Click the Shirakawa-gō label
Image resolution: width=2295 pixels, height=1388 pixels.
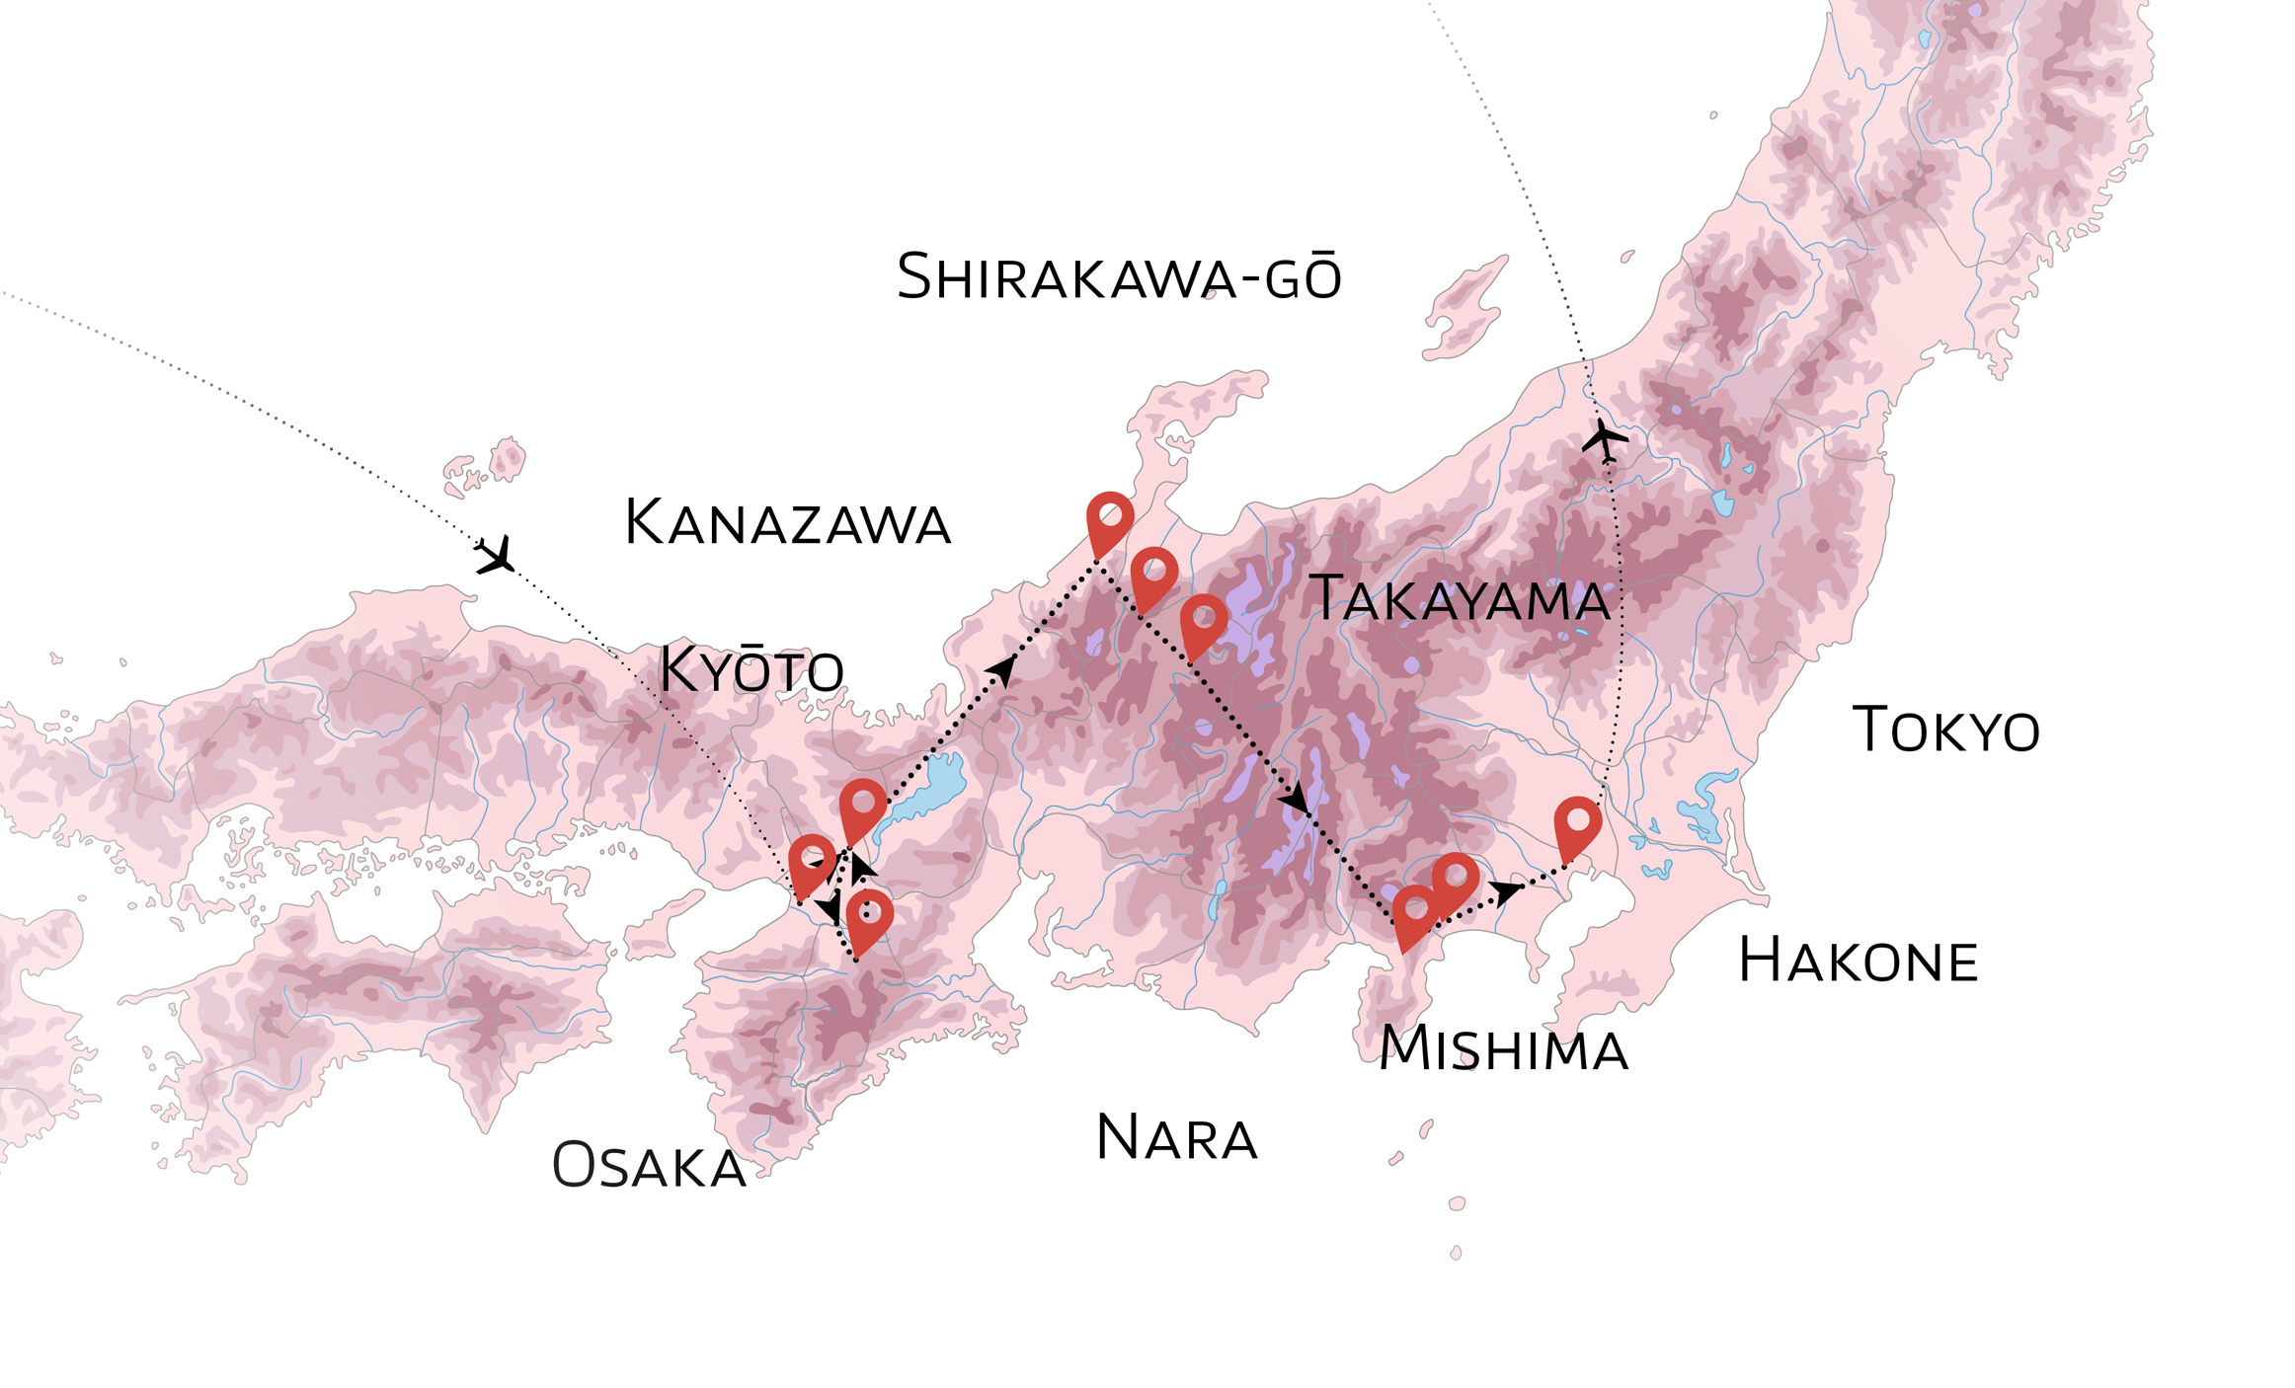click(x=1119, y=277)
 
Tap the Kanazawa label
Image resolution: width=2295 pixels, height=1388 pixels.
click(x=787, y=522)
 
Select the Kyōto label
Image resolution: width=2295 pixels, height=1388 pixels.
click(x=752, y=669)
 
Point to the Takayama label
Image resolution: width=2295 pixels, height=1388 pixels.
click(x=1460, y=599)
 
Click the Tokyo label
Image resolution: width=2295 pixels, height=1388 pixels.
click(x=1944, y=731)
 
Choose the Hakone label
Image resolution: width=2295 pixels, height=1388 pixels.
click(x=1858, y=961)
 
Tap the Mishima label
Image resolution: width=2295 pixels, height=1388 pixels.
click(x=1503, y=1048)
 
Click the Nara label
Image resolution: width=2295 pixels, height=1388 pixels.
click(x=1176, y=1138)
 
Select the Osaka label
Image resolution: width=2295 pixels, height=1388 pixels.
click(x=649, y=1166)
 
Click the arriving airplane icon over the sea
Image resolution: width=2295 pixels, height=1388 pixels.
click(x=496, y=556)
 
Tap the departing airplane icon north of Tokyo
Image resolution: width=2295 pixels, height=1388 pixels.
click(x=1604, y=439)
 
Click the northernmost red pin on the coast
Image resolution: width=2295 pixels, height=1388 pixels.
click(x=1110, y=519)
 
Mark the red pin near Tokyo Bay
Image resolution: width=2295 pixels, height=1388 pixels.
click(x=1577, y=823)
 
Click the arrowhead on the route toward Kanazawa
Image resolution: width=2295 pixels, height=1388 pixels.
click(x=1001, y=670)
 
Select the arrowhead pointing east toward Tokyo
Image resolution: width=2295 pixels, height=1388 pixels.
click(x=1505, y=891)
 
